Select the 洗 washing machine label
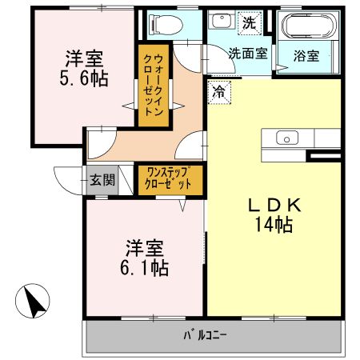250,23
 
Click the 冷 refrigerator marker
218,91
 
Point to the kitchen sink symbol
286,138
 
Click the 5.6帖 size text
84,79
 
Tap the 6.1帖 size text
145,267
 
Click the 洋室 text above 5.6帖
82,58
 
